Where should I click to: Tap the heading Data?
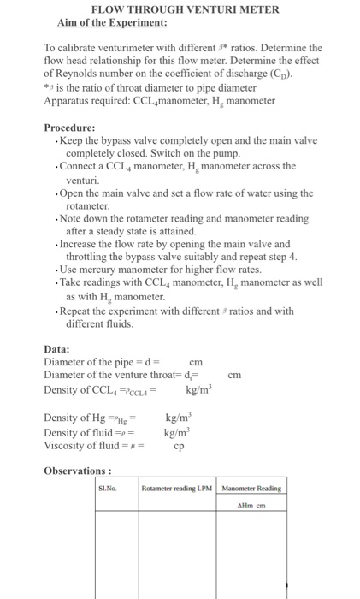click(x=57, y=348)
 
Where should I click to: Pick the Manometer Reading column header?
click(x=251, y=489)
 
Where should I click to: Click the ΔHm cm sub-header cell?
click(x=251, y=505)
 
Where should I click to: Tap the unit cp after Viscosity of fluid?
click(x=179, y=445)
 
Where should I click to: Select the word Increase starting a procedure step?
click(x=84, y=243)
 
